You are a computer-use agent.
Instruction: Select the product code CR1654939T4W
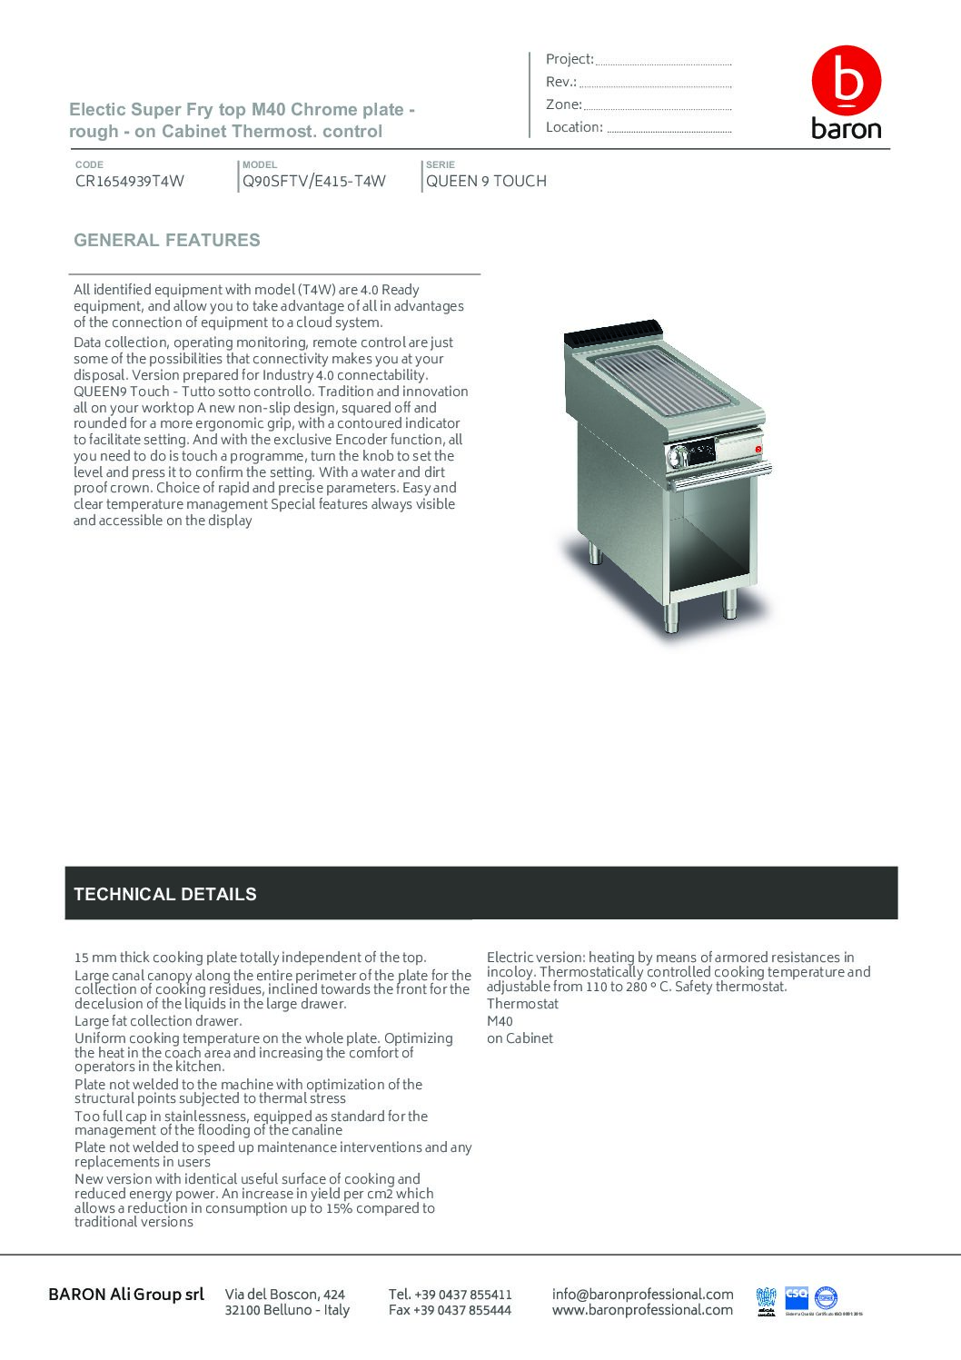click(x=130, y=181)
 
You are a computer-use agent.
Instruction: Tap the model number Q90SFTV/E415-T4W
click(x=314, y=181)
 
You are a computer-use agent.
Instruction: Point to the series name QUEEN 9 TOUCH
click(x=487, y=181)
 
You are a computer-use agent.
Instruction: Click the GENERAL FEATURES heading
click(x=167, y=241)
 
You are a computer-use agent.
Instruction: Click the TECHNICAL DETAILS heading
click(x=165, y=894)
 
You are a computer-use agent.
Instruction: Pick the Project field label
click(x=570, y=59)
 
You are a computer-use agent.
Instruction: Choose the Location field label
click(x=574, y=127)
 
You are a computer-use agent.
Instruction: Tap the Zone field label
click(x=563, y=104)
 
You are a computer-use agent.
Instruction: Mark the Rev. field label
click(x=561, y=82)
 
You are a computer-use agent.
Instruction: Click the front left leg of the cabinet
click(x=671, y=617)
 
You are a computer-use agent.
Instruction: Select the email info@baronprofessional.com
click(x=642, y=1294)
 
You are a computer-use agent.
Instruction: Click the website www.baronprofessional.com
click(x=642, y=1310)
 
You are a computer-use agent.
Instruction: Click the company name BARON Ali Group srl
click(x=126, y=1294)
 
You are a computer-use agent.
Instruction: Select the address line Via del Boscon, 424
click(x=285, y=1294)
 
